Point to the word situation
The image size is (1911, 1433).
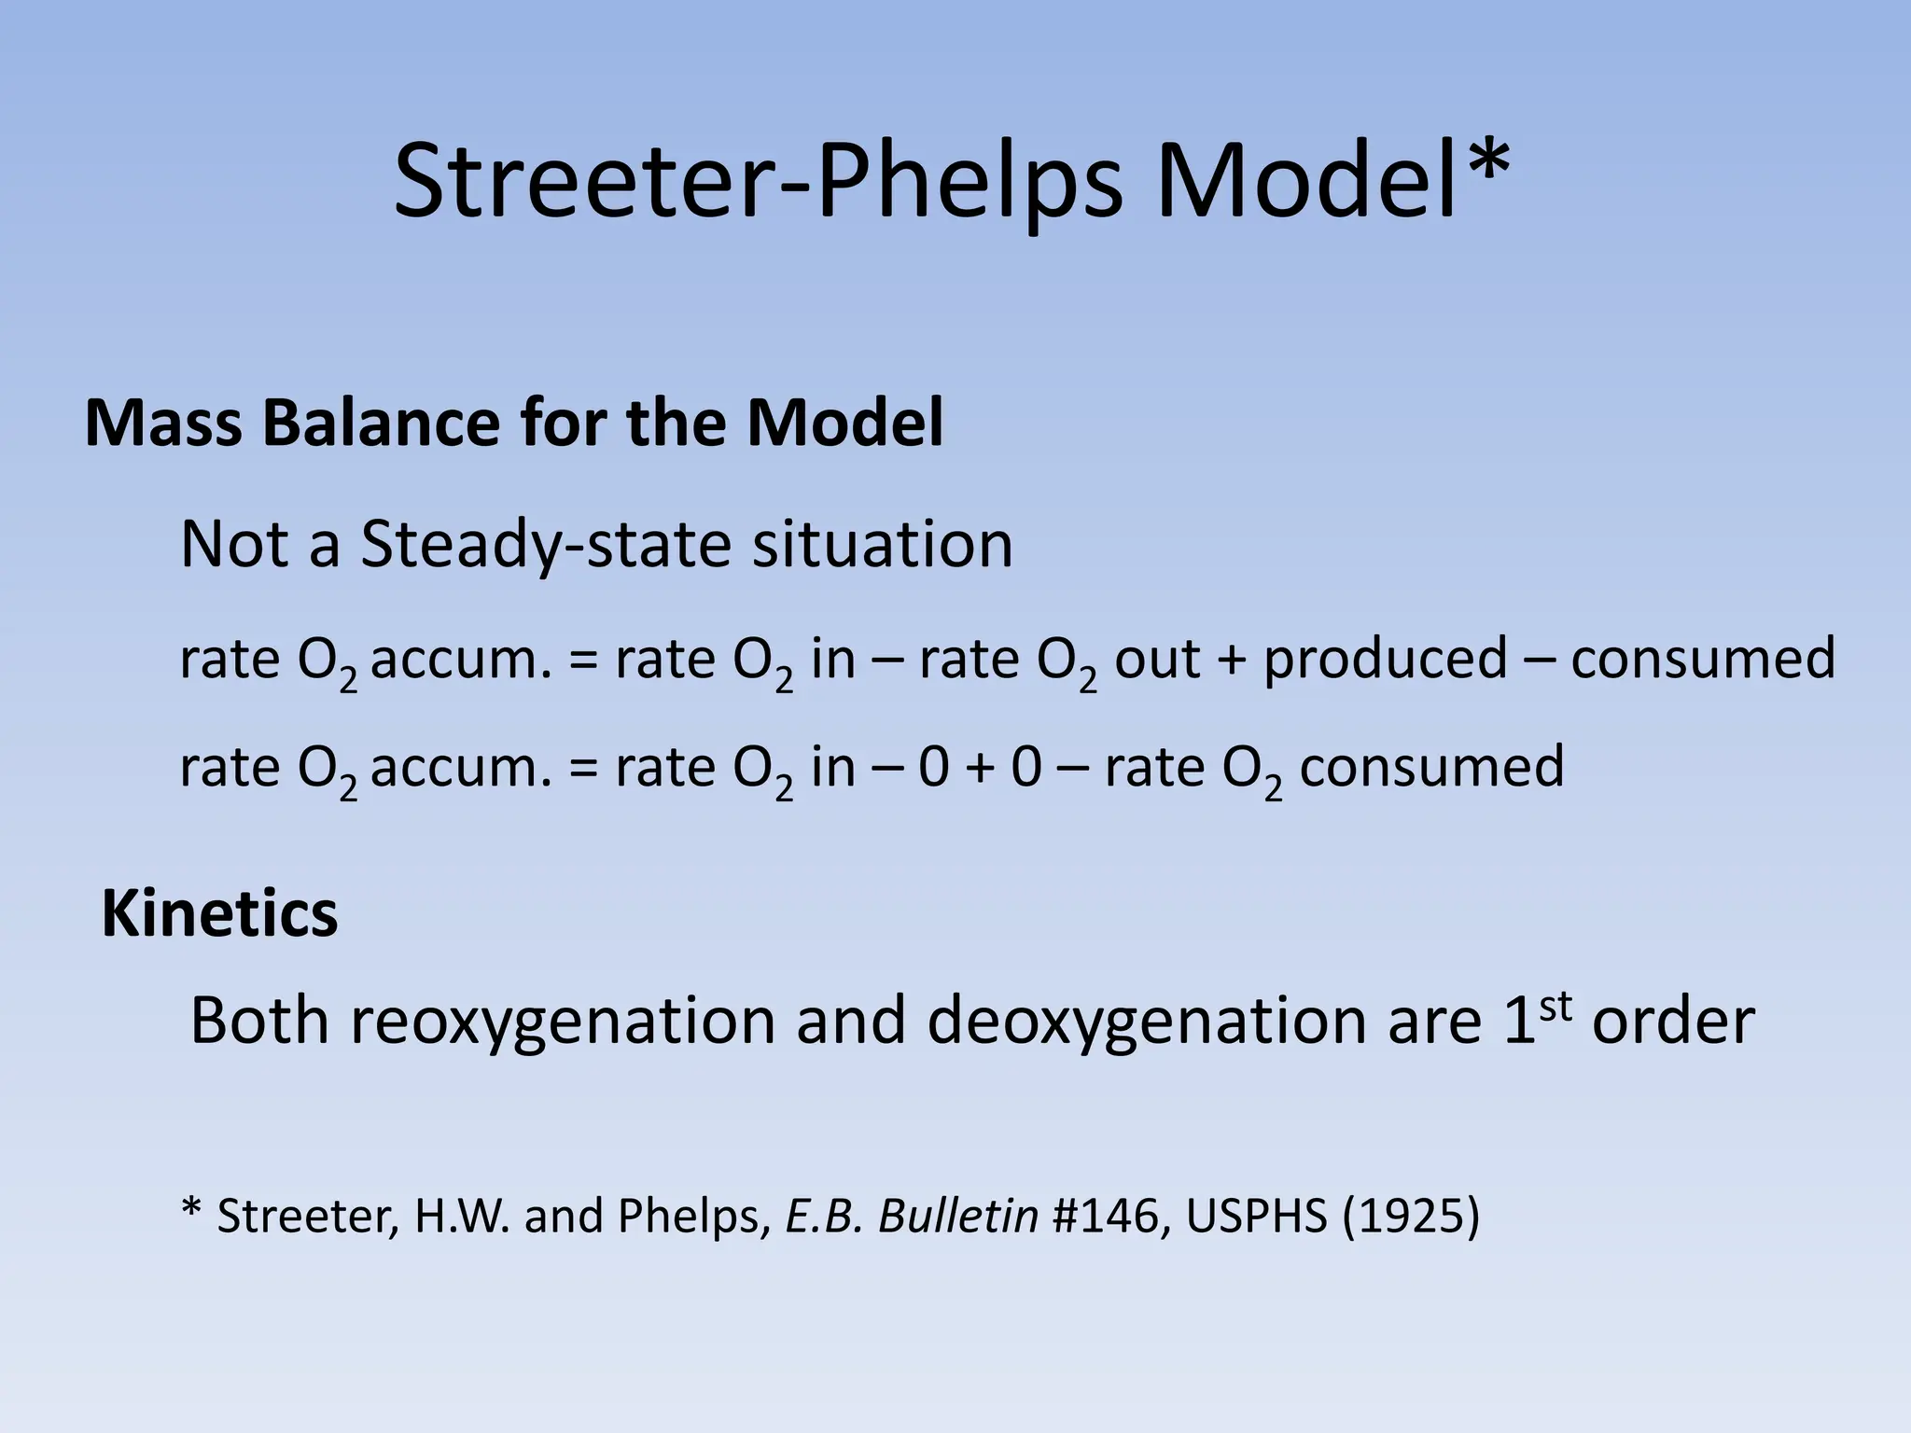[x=883, y=545]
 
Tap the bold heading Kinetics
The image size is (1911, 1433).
[x=219, y=914]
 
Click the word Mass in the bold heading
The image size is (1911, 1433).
[x=163, y=424]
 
